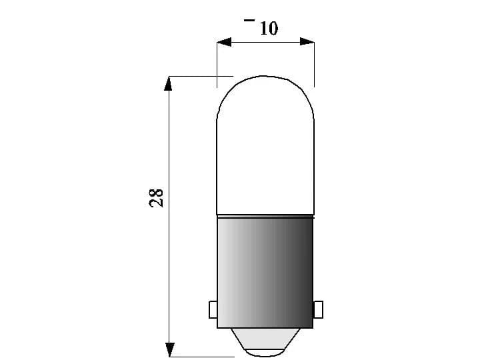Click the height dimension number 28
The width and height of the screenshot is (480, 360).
click(x=156, y=198)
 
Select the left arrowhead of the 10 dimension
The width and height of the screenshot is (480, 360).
click(x=223, y=42)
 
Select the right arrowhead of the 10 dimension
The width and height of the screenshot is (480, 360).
click(x=307, y=42)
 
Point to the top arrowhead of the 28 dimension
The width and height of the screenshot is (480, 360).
click(x=169, y=83)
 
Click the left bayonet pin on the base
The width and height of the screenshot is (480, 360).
click(x=213, y=309)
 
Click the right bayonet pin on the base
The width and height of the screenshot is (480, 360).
click(x=318, y=309)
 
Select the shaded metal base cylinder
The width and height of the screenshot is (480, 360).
click(x=265, y=273)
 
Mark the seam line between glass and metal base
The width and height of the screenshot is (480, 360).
click(x=265, y=216)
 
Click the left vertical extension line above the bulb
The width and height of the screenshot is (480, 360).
click(x=217, y=67)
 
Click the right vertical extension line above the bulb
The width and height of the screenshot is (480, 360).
click(x=314, y=67)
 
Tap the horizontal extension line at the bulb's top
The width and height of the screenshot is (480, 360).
click(x=200, y=76)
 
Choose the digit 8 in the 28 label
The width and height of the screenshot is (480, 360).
click(x=156, y=192)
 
